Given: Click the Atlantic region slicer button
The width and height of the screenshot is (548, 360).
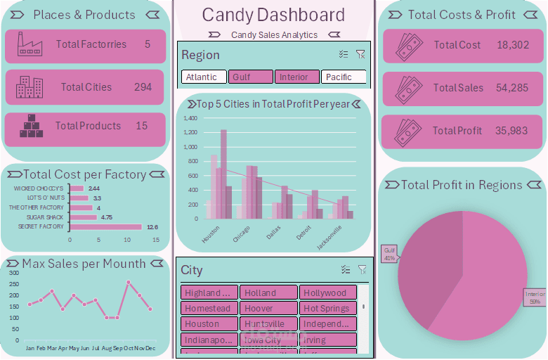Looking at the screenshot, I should (x=204, y=77).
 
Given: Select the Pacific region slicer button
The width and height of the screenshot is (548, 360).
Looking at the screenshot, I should (x=344, y=77).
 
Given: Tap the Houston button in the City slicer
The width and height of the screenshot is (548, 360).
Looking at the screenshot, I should (x=209, y=324).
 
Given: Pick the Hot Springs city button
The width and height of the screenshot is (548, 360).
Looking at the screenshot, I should (x=327, y=309).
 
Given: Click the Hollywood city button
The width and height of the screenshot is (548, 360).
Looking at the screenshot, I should (x=327, y=293).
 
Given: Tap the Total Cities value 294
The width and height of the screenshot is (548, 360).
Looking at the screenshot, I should (x=143, y=87).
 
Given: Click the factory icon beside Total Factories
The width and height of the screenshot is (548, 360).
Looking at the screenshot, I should (x=30, y=44).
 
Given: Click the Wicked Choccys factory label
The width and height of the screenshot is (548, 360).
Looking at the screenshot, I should (x=38, y=188).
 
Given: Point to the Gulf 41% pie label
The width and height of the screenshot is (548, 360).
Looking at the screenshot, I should (x=389, y=254).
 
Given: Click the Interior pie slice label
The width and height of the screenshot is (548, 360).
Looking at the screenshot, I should (x=535, y=297).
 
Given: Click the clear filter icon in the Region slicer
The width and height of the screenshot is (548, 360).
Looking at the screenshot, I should (x=360, y=54).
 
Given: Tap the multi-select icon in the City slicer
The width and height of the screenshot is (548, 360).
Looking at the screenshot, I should (x=345, y=269).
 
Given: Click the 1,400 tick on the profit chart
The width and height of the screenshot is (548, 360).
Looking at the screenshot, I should (x=190, y=118).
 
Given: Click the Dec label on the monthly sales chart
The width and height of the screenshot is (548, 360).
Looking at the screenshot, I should (x=150, y=348).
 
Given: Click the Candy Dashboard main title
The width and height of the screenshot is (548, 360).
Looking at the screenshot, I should (x=273, y=15).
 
